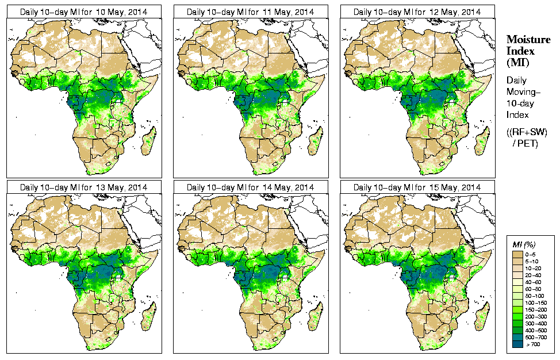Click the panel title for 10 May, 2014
(83, 12)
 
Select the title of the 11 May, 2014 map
(250, 12)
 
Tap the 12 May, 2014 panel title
(417, 12)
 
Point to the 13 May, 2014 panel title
(83, 187)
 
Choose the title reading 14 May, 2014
(250, 187)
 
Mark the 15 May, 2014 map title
(417, 187)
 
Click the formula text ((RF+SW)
(527, 132)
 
